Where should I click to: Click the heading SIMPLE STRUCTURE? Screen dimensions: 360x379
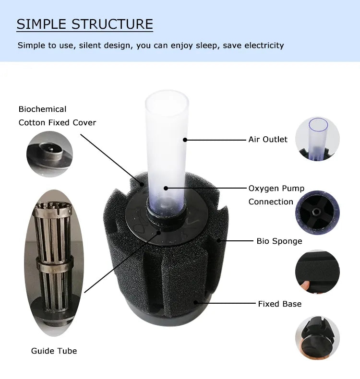[x=84, y=24]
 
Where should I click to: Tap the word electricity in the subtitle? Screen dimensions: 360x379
[x=264, y=45]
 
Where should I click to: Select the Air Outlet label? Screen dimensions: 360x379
[x=268, y=140]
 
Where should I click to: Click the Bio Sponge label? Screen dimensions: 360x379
[x=279, y=241]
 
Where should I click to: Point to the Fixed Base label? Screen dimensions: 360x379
[x=280, y=304]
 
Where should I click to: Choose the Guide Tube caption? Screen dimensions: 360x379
[x=54, y=351]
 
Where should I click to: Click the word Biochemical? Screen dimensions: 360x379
[x=42, y=109]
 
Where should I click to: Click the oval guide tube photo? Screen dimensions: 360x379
[x=54, y=263]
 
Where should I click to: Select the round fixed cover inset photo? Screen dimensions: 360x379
[x=49, y=154]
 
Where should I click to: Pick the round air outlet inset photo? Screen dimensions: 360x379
[x=317, y=139]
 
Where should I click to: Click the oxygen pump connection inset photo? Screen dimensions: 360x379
[x=317, y=213]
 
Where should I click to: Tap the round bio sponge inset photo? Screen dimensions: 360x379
[x=317, y=272]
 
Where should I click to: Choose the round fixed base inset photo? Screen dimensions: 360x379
[x=317, y=337]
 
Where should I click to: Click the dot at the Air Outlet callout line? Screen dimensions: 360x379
[x=185, y=140]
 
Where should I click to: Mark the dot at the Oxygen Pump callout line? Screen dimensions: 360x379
[x=166, y=188]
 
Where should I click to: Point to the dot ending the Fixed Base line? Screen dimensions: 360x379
[x=195, y=302]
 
